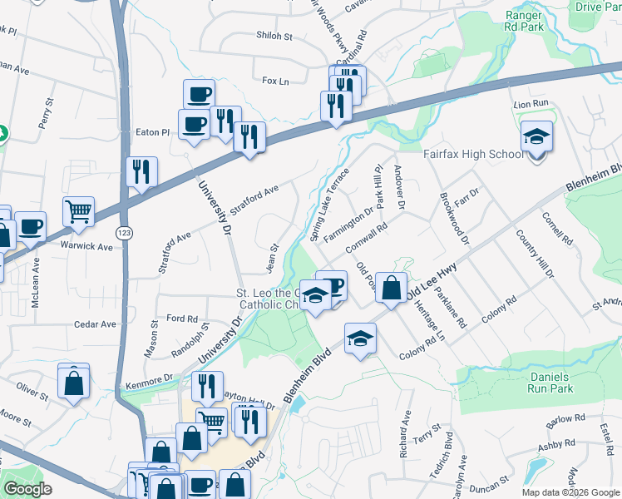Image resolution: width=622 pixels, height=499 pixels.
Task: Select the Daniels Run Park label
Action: coord(551,383)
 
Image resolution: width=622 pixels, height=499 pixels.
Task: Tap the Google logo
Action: coord(28,489)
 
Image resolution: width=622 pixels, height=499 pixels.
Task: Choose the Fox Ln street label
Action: coord(274,81)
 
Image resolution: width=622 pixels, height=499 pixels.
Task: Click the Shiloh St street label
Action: coord(276,37)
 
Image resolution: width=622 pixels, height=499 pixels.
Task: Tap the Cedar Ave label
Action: coord(95,324)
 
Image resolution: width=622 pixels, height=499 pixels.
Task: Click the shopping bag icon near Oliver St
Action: coord(73,383)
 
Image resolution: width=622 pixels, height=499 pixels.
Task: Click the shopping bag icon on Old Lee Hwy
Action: coord(391,289)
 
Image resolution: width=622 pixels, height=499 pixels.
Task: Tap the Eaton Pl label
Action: coord(152,131)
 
